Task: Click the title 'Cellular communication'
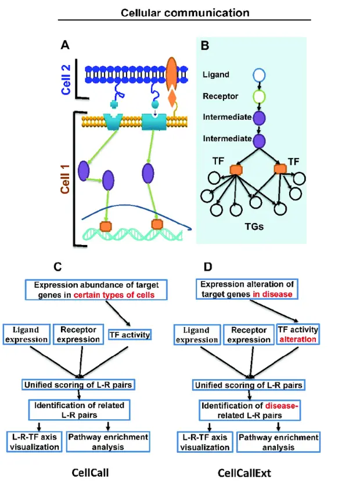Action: pos(182,11)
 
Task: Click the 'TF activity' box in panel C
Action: pos(130,334)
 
